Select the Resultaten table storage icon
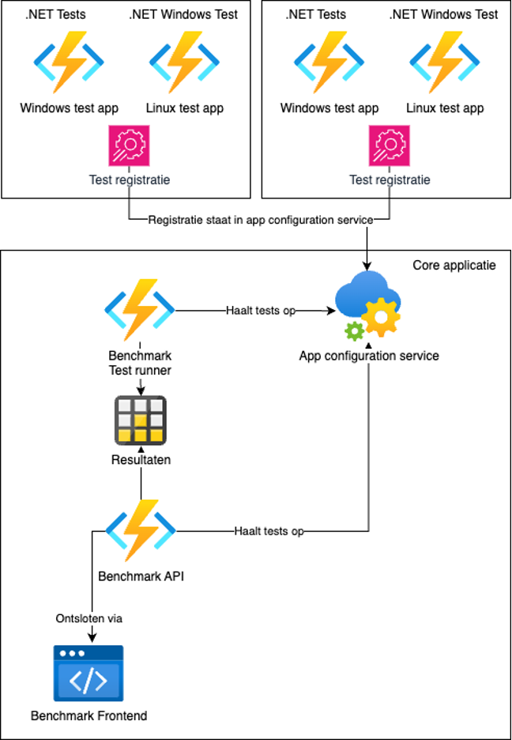[x=141, y=421]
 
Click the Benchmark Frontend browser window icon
[x=88, y=674]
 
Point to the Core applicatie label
[x=454, y=265]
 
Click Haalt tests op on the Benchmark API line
[x=269, y=531]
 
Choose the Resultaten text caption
[x=141, y=459]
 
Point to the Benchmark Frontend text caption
[x=88, y=716]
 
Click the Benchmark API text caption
[x=141, y=576]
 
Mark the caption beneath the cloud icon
[x=369, y=356]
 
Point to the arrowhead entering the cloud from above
[x=367, y=271]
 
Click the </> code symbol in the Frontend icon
[x=88, y=681]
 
